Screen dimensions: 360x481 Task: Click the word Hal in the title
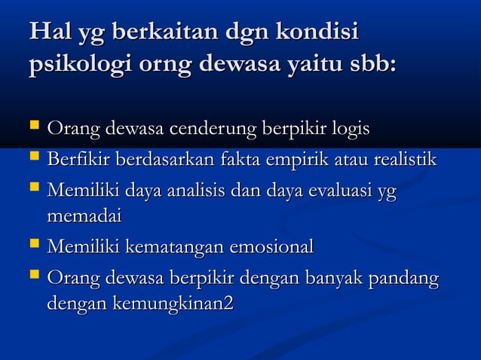tap(48, 33)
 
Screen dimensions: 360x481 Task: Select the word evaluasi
tap(332, 194)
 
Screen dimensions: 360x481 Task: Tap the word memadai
tap(84, 216)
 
